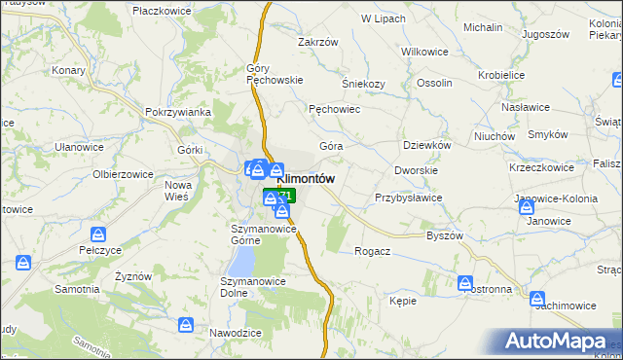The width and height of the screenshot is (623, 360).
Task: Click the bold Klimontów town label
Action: pyautogui.click(x=307, y=179)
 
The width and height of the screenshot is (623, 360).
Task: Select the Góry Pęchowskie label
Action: pyautogui.click(x=276, y=74)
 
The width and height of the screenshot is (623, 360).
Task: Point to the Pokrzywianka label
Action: pyautogui.click(x=178, y=112)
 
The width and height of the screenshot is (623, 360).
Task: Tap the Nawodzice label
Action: pyautogui.click(x=235, y=333)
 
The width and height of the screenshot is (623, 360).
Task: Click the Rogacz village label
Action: pyautogui.click(x=373, y=251)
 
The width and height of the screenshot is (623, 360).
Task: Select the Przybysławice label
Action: pyautogui.click(x=409, y=198)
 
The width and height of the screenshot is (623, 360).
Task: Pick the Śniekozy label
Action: pyautogui.click(x=364, y=84)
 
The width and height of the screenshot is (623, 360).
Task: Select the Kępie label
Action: pyautogui.click(x=403, y=302)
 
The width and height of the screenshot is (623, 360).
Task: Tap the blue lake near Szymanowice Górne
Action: pyautogui.click(x=242, y=260)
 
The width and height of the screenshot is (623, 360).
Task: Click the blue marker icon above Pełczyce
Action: pyautogui.click(x=98, y=234)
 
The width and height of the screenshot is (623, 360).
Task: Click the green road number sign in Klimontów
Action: pyautogui.click(x=280, y=196)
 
